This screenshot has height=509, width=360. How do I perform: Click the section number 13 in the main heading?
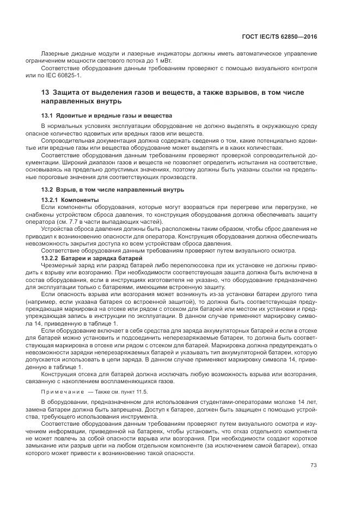coord(45,93)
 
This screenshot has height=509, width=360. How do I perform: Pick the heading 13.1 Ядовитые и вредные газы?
coord(107,116)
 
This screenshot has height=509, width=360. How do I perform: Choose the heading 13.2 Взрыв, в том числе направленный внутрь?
coord(113,189)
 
